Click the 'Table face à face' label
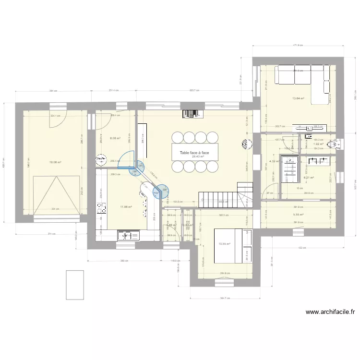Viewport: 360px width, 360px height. point(194,153)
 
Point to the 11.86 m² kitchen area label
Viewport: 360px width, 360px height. point(126,207)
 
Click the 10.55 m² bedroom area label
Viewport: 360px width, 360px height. point(224,244)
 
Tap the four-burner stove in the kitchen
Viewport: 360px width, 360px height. point(102,208)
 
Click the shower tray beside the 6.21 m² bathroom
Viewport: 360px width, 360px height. point(289,170)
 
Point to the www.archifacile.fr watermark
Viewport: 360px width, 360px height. point(330,312)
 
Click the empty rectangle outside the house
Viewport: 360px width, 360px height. point(74,285)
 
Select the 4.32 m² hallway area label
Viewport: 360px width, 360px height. point(273,161)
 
